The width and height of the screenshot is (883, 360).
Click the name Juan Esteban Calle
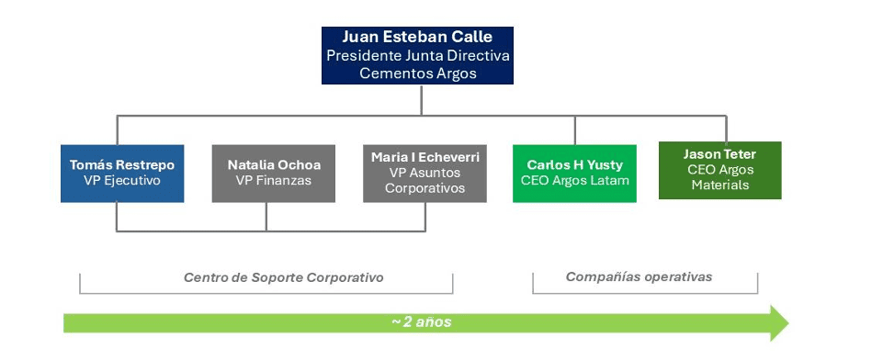(417, 38)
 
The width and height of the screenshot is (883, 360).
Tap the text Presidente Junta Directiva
(417, 55)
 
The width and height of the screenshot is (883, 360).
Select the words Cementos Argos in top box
(417, 73)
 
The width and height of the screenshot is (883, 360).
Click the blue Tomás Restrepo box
(122, 173)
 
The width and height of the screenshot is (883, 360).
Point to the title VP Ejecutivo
(122, 181)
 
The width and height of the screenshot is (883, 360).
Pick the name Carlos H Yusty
(574, 164)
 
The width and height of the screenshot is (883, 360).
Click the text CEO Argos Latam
(574, 181)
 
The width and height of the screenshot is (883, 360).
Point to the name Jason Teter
(719, 153)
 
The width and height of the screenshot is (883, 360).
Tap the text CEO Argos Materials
(719, 176)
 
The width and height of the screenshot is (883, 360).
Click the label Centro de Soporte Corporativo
(283, 277)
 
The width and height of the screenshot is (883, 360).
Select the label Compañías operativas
(639, 276)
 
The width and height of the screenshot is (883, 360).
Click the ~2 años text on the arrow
(421, 322)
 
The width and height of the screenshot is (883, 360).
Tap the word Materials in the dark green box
(719, 185)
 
